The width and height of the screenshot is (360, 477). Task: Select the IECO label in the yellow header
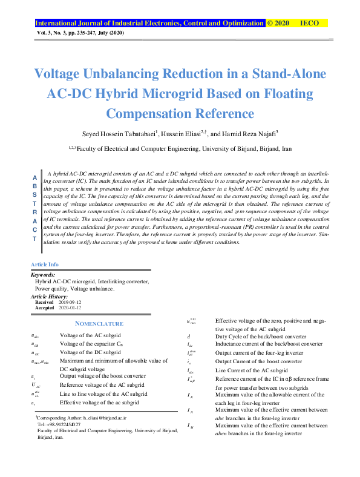click(310, 23)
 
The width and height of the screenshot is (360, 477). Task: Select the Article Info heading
click(45, 265)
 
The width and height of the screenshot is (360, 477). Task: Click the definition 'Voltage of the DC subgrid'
click(90, 352)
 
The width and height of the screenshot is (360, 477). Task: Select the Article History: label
click(51, 296)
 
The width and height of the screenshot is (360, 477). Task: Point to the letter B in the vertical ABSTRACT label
click(34, 186)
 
